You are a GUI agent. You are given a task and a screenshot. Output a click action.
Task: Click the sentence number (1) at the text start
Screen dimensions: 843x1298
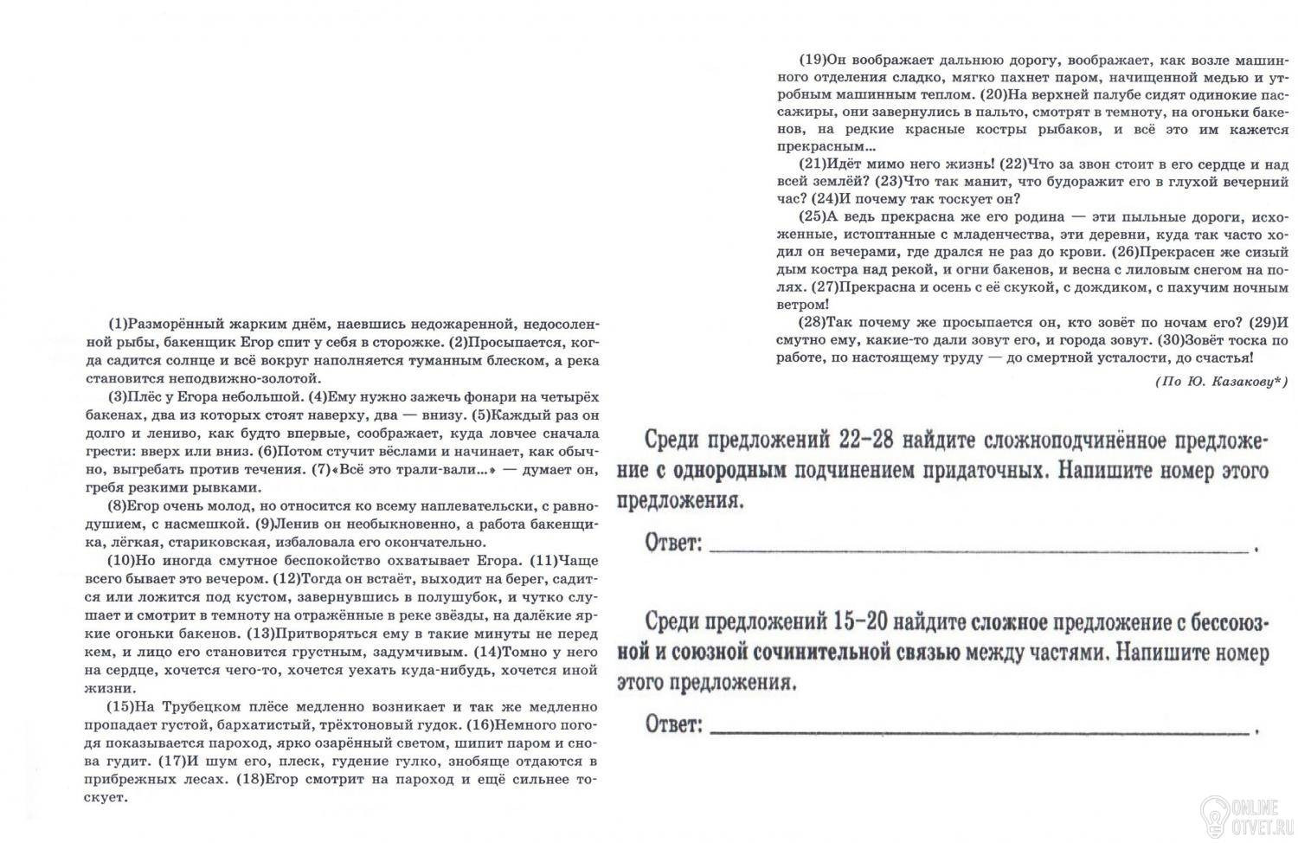tap(117, 325)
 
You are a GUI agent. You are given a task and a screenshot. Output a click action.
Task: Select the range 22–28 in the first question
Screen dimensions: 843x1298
tap(869, 440)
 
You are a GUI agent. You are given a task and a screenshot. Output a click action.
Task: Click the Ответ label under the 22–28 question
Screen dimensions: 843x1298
tap(672, 544)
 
